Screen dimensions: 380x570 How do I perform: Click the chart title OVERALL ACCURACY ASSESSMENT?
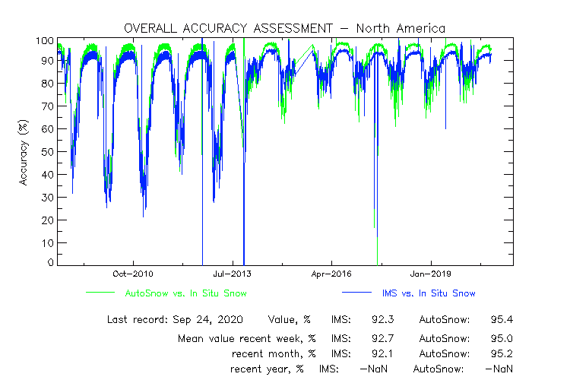(225, 28)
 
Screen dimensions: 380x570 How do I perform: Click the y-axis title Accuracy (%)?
(24, 152)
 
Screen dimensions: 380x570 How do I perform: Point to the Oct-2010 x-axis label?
(134, 274)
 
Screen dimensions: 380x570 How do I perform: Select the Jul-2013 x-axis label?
(232, 274)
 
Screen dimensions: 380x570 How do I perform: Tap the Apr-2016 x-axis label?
(331, 274)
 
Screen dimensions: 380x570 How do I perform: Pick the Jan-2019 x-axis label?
(429, 274)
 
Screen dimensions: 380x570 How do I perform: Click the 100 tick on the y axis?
(44, 40)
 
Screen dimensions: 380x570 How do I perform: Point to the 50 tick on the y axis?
(47, 152)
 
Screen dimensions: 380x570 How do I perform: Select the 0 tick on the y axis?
(50, 263)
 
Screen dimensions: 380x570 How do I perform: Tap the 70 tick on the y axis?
(47, 106)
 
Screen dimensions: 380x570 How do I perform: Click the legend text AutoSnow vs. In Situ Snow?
(185, 293)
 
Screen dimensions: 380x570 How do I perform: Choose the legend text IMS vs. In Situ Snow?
(429, 293)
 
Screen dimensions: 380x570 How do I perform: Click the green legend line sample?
(100, 293)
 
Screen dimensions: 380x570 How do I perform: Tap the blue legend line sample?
(355, 293)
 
